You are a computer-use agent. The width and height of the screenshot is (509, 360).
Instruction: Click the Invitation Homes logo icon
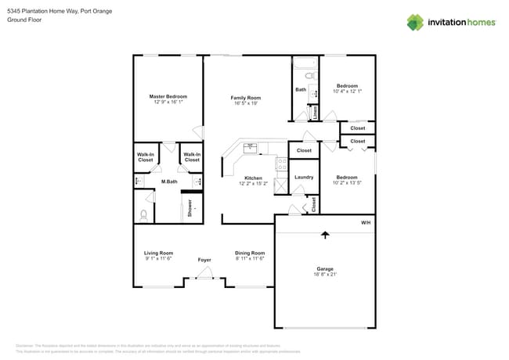pos(415,22)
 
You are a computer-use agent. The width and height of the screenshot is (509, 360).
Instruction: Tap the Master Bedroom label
pos(168,96)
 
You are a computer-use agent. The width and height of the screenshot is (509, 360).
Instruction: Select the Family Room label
pos(245,98)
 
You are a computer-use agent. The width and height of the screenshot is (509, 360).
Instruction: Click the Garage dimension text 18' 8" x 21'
pos(324,275)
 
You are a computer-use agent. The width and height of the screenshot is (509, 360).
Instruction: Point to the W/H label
pos(365,223)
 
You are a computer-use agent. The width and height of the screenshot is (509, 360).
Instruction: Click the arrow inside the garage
pos(324,233)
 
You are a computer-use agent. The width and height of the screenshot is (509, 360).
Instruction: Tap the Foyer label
pos(204,259)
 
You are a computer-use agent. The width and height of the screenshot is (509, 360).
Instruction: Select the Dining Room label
pos(250,253)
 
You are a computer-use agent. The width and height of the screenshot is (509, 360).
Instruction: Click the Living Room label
pos(158,253)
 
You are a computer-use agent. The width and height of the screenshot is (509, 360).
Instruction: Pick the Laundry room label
pos(304,177)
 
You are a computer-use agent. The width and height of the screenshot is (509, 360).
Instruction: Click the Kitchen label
pos(253,178)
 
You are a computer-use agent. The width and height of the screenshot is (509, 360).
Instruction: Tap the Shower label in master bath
pos(190,208)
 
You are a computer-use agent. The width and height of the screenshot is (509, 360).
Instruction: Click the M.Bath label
pos(168,182)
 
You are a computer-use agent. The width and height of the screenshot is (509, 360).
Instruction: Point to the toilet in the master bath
pos(144,213)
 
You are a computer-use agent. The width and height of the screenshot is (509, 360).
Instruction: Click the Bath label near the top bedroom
pos(301,90)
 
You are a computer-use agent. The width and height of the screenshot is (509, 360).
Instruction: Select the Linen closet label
pos(315,113)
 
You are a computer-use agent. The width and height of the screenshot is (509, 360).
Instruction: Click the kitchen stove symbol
pos(280,164)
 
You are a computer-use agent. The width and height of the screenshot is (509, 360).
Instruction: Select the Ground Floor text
pos(23,20)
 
